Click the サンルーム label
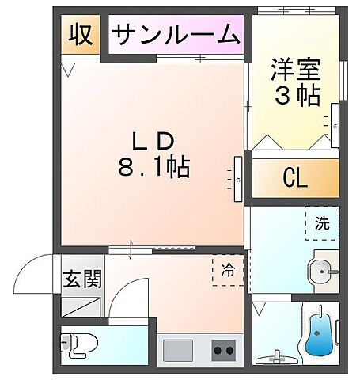(175, 34)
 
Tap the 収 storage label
(81, 35)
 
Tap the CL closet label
(295, 179)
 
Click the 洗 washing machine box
(321, 223)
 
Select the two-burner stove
(222, 348)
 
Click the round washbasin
(323, 268)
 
